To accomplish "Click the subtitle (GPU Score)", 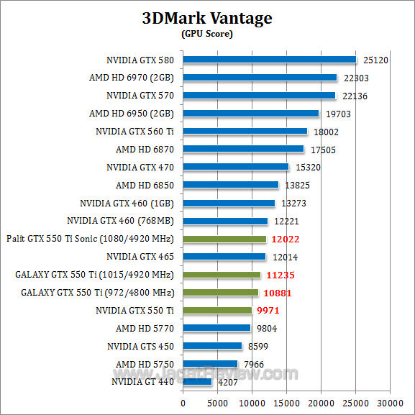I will (207, 34).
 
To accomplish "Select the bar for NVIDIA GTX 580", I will (270, 60).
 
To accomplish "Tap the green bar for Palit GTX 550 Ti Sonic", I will (224, 239).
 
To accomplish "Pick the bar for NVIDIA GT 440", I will (198, 382).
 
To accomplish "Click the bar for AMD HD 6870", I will (244, 149).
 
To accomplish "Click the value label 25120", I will (375, 60).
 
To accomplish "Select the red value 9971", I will (268, 311).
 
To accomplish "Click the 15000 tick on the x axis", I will (287, 403).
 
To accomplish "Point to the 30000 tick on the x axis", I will (391, 403).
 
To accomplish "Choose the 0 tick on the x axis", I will (183, 403).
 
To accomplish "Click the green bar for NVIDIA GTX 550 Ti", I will (217, 311).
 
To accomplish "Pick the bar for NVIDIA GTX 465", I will (224, 257).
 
